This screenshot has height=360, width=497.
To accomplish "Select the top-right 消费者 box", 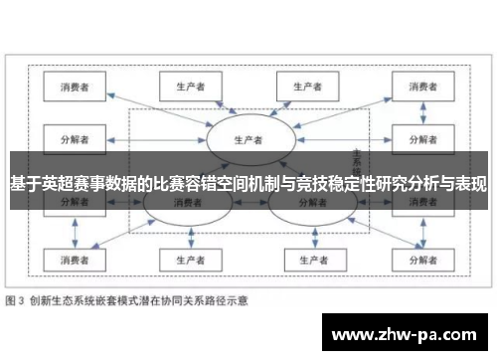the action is [414, 86].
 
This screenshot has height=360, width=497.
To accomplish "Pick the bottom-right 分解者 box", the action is [414, 261].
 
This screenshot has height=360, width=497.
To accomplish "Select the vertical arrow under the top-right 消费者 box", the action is [414, 111].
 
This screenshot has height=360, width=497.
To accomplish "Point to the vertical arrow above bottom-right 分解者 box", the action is [414, 235].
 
